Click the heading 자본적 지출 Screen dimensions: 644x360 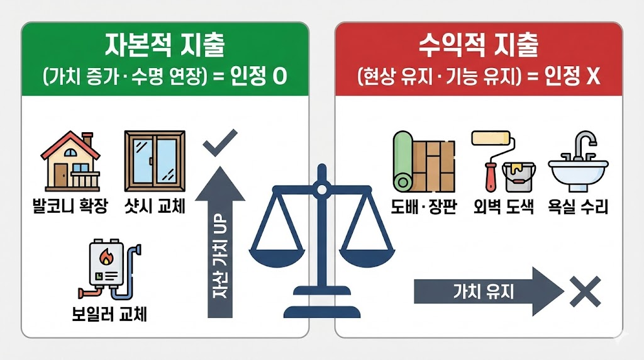coord(165,47)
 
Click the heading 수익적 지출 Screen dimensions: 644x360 coord(478,47)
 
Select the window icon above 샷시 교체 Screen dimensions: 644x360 coord(154,161)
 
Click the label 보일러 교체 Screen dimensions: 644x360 coord(109,313)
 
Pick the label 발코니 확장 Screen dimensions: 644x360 coord(70,206)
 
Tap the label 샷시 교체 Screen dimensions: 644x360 coord(155,206)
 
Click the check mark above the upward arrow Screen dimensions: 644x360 coord(219,143)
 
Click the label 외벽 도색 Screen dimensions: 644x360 coord(503,206)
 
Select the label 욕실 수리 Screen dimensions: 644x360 coord(579,206)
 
